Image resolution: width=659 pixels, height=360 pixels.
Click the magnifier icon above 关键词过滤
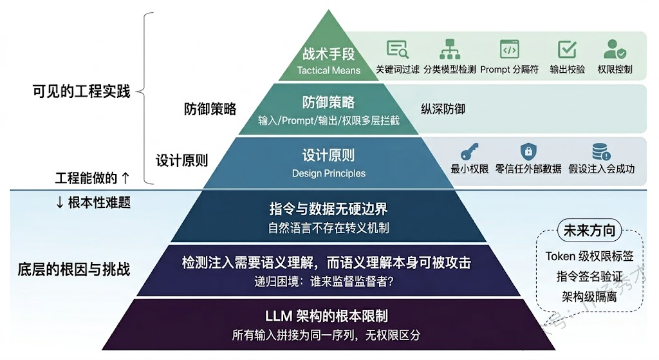tap(398, 50)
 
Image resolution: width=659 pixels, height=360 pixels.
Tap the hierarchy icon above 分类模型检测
tap(450, 50)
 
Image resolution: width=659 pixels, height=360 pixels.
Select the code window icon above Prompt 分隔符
tap(509, 50)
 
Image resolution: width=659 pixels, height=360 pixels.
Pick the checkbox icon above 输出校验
tap(567, 50)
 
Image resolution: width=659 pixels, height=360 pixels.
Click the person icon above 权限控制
tap(615, 50)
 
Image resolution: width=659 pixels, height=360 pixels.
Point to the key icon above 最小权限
tap(469, 152)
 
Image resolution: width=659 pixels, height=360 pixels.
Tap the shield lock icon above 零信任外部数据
tap(528, 152)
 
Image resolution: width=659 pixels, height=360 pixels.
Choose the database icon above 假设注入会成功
tap(601, 152)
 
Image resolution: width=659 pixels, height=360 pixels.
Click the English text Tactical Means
tap(329, 70)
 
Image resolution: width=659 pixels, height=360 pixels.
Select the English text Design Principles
tap(329, 173)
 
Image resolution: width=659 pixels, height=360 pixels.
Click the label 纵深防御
tap(443, 109)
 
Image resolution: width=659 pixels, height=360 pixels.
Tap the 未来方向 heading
tap(589, 231)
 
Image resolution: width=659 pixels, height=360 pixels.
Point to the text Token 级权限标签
tap(589, 256)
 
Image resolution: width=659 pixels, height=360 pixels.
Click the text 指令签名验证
tap(589, 277)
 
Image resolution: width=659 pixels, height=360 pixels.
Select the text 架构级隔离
tap(589, 298)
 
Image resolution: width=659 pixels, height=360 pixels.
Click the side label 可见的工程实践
tap(81, 91)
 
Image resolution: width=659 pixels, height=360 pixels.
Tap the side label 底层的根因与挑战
tap(74, 269)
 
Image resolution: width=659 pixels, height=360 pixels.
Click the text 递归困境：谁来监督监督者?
tap(328, 281)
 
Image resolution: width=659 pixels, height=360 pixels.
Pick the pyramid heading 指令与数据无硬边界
tap(328, 209)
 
